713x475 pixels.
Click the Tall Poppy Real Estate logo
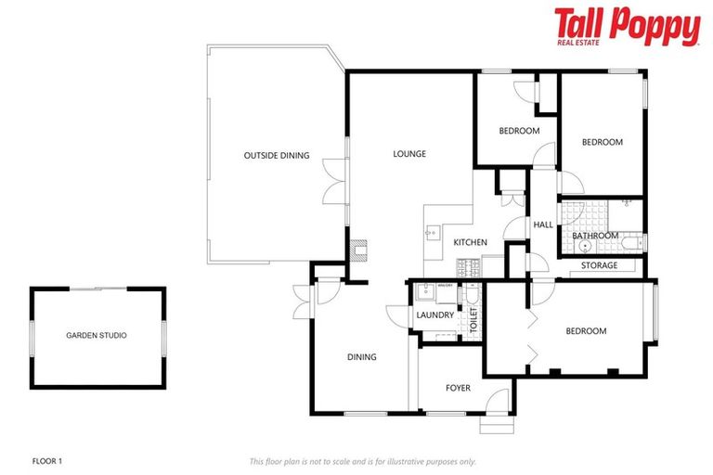tap(627, 27)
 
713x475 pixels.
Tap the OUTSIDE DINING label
tap(277, 155)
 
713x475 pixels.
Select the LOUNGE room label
tap(408, 154)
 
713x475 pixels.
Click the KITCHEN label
tap(470, 242)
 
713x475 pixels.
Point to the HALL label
tap(543, 225)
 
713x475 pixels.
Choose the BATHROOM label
tap(595, 236)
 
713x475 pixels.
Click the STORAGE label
tap(599, 266)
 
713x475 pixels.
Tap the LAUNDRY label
tap(434, 315)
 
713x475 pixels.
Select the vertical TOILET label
tap(473, 321)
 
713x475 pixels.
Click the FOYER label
tap(459, 388)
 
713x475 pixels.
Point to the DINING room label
tap(361, 357)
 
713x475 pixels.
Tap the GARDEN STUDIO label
tap(97, 335)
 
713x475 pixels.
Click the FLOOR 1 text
tap(46, 460)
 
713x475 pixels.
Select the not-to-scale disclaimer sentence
tap(362, 460)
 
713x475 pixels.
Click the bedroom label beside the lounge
tap(519, 131)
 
